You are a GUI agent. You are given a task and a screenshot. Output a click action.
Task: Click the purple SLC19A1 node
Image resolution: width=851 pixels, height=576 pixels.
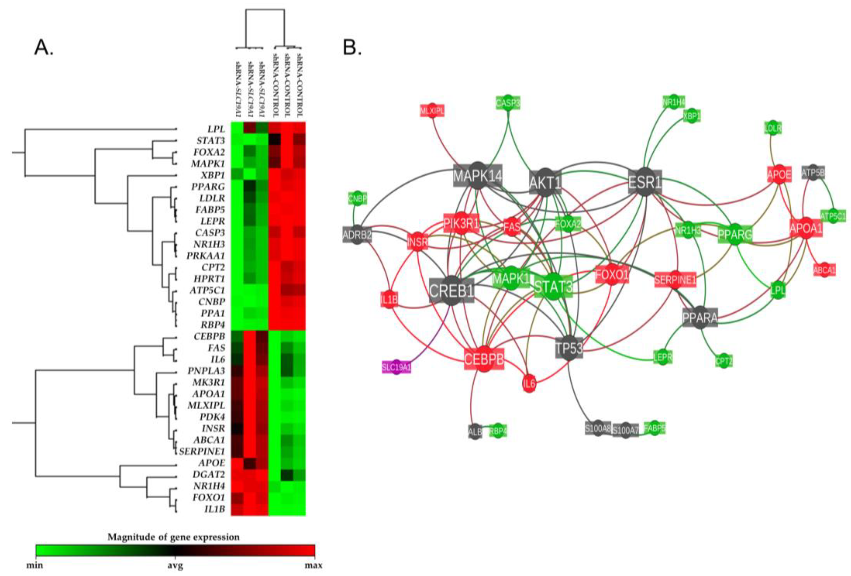[396, 367]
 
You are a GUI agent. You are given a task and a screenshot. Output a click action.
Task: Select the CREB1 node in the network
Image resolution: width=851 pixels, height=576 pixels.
[451, 290]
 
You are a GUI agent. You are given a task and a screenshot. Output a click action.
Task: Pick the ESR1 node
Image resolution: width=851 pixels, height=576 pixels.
[645, 182]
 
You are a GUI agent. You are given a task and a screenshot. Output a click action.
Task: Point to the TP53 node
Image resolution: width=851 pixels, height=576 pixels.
[569, 348]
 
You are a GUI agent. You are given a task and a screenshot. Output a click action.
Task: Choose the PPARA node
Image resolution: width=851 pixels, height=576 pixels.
[700, 318]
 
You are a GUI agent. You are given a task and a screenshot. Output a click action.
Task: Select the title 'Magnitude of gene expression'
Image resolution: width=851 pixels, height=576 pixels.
[173, 537]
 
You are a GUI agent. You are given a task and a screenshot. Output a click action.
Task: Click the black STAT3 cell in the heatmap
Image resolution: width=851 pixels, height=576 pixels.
[274, 140]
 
